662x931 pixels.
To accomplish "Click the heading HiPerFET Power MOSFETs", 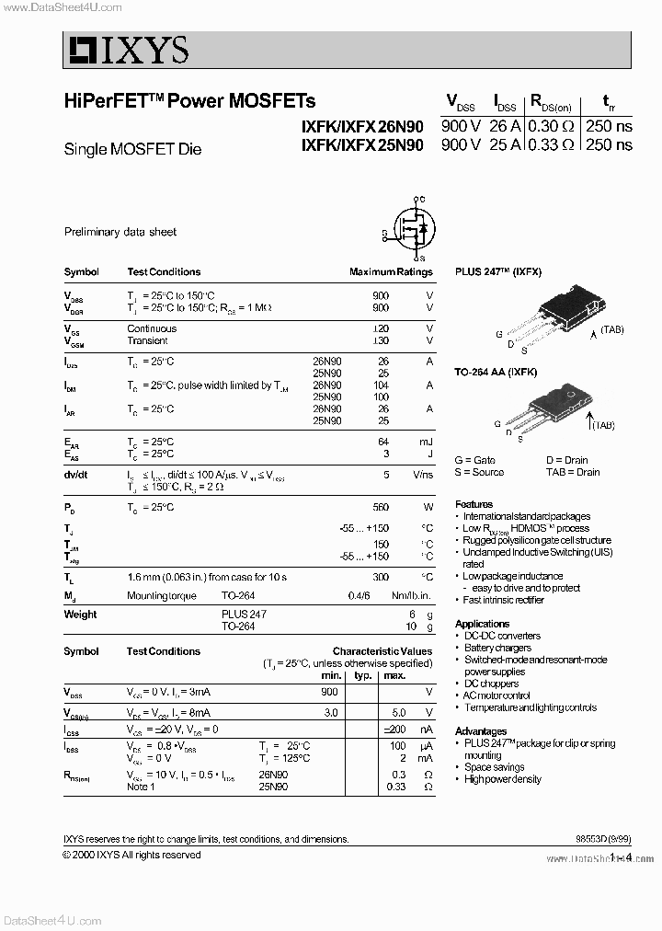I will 189,101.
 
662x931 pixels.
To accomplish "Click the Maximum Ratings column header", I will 391,272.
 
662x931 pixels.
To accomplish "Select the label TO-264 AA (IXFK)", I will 496,371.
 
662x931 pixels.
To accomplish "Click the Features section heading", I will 474,504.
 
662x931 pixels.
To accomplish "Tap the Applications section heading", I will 483,624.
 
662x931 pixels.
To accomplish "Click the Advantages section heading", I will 481,731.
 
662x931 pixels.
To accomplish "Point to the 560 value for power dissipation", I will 381,507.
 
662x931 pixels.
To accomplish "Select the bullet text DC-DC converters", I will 502,636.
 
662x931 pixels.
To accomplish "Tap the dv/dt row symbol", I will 75,475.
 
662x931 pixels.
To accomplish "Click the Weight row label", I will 80,615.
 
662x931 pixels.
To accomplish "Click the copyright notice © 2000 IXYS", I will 131,855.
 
